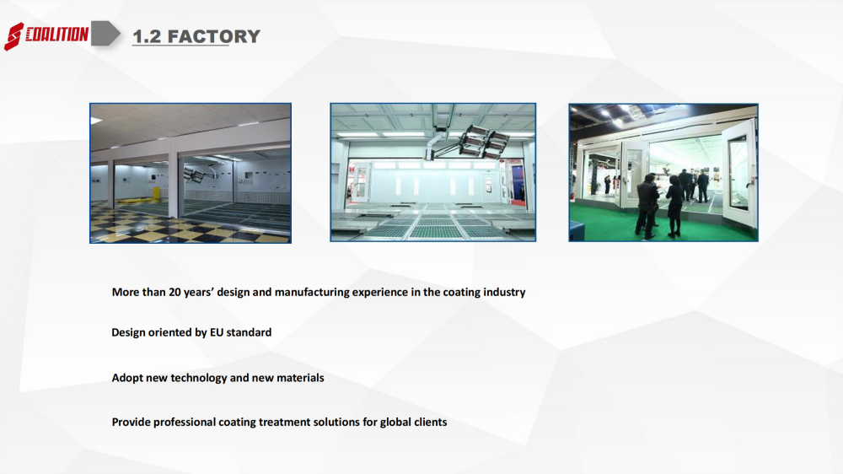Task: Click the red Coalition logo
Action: pyautogui.click(x=46, y=35)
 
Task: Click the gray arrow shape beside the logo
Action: pyautogui.click(x=105, y=34)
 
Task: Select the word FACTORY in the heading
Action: pyautogui.click(x=214, y=36)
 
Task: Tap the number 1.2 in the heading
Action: pyautogui.click(x=147, y=36)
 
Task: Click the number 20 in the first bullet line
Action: pyautogui.click(x=175, y=292)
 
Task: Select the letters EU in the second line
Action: pyautogui.click(x=216, y=332)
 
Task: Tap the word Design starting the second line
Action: pyautogui.click(x=128, y=332)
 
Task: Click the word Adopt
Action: pyautogui.click(x=127, y=378)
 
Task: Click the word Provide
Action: pyautogui.click(x=132, y=422)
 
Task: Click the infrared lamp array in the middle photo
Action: pyautogui.click(x=484, y=141)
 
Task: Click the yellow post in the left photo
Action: pyautogui.click(x=157, y=193)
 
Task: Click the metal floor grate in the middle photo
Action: pyautogui.click(x=432, y=224)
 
